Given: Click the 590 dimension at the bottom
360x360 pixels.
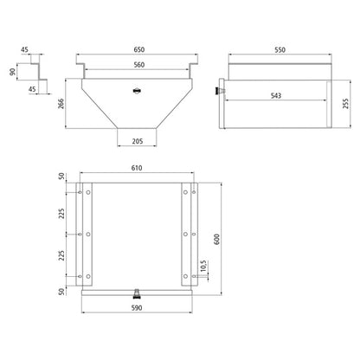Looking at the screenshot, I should tap(138, 306).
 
